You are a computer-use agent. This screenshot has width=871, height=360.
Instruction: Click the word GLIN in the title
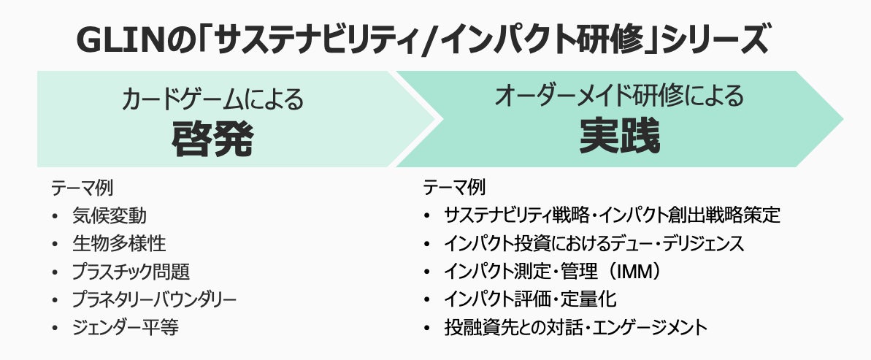pos(120,42)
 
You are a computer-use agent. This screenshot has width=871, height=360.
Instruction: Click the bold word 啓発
pos(212,138)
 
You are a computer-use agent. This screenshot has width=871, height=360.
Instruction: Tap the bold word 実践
pos(620,137)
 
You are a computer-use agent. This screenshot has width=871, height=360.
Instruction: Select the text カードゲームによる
pos(212,98)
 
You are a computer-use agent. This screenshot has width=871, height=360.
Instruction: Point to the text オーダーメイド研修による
pos(619,96)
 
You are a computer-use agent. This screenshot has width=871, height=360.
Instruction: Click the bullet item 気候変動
pos(109,215)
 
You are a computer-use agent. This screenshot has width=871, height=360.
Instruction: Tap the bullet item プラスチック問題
pos(131,272)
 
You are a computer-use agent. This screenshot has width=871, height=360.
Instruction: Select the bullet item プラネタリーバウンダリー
pos(154,299)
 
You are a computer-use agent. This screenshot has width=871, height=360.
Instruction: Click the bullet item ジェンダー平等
pos(126,327)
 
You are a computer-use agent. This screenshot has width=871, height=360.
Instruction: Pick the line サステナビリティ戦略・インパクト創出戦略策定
pos(613,215)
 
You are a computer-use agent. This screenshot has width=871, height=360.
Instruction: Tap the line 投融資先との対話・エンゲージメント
pos(575,327)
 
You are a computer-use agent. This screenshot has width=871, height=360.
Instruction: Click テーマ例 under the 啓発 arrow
pos(81,188)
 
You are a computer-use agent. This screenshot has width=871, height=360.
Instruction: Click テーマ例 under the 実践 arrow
pos(454,188)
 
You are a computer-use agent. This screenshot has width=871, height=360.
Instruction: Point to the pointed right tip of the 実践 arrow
pos(840,118)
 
